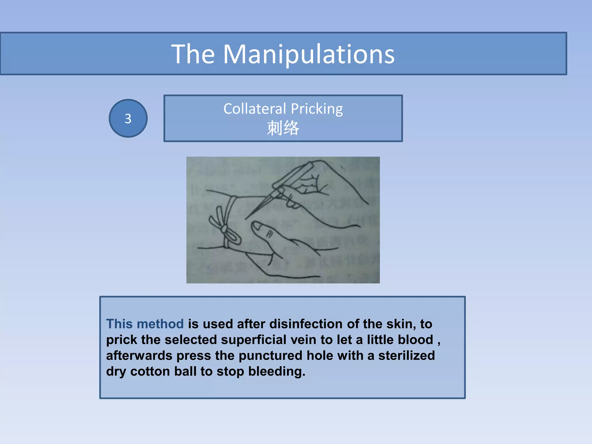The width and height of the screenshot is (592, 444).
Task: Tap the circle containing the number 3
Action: [128, 119]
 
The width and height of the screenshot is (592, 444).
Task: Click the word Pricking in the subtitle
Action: [317, 109]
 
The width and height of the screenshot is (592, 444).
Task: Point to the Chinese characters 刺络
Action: [283, 128]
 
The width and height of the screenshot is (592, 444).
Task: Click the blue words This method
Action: [145, 324]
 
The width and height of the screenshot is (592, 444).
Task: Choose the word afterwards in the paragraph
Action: [139, 356]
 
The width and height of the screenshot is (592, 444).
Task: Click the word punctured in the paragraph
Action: [270, 356]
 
